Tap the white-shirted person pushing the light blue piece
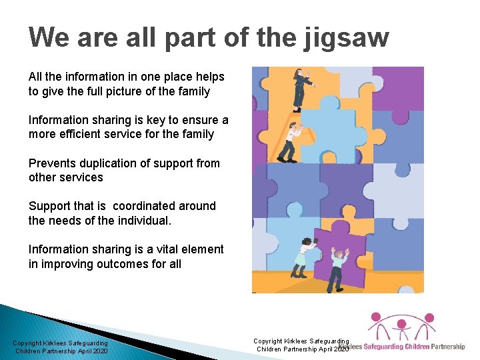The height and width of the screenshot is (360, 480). [290, 142]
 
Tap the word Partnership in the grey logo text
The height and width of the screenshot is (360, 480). [448, 347]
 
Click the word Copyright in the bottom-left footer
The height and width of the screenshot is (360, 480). [28, 343]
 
